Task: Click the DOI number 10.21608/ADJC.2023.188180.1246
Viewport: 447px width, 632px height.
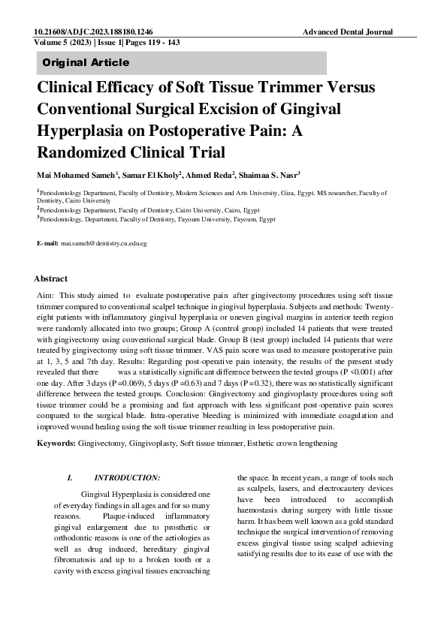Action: (93, 33)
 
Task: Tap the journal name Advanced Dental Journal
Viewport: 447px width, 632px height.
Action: (348, 33)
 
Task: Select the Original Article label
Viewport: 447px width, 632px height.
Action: (86, 62)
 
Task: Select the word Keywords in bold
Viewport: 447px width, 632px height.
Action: (56, 444)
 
